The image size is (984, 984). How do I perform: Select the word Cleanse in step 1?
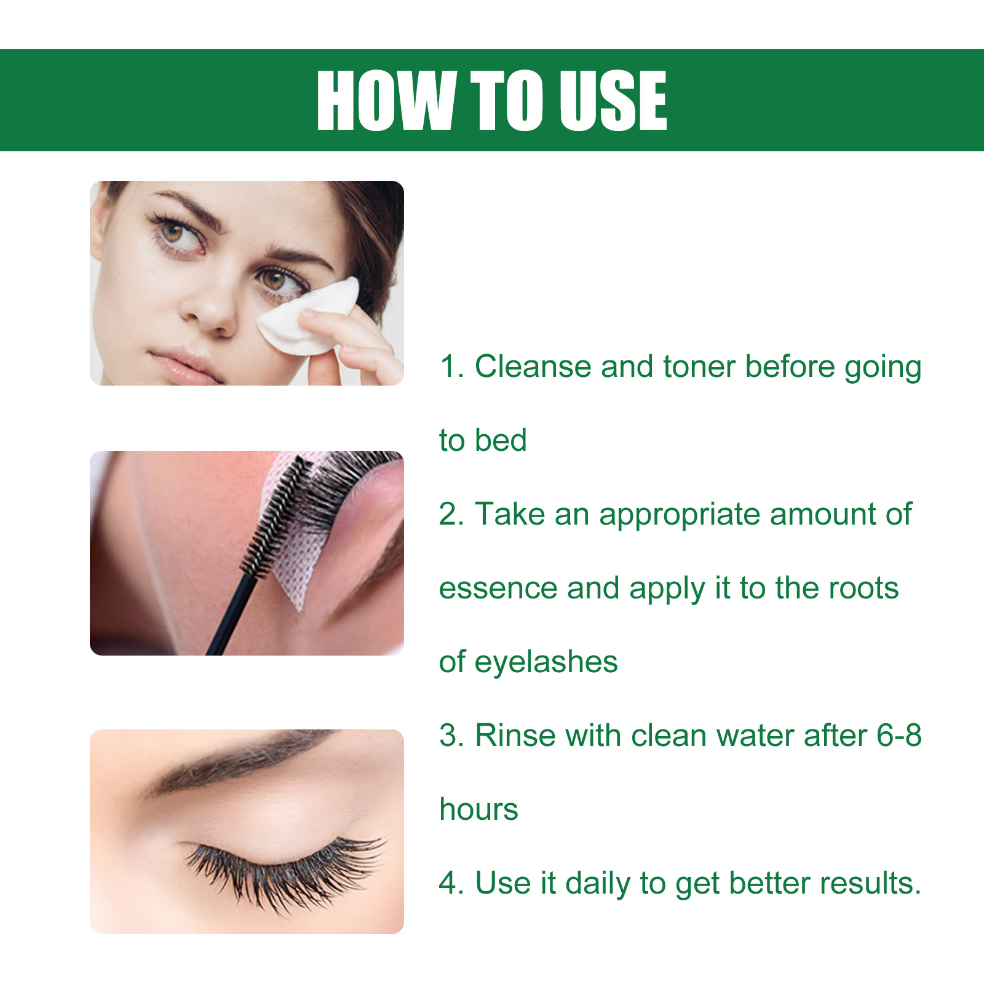point(533,367)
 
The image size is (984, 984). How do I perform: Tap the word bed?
point(500,441)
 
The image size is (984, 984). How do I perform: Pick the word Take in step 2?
point(510,514)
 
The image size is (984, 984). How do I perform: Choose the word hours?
point(478,809)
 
